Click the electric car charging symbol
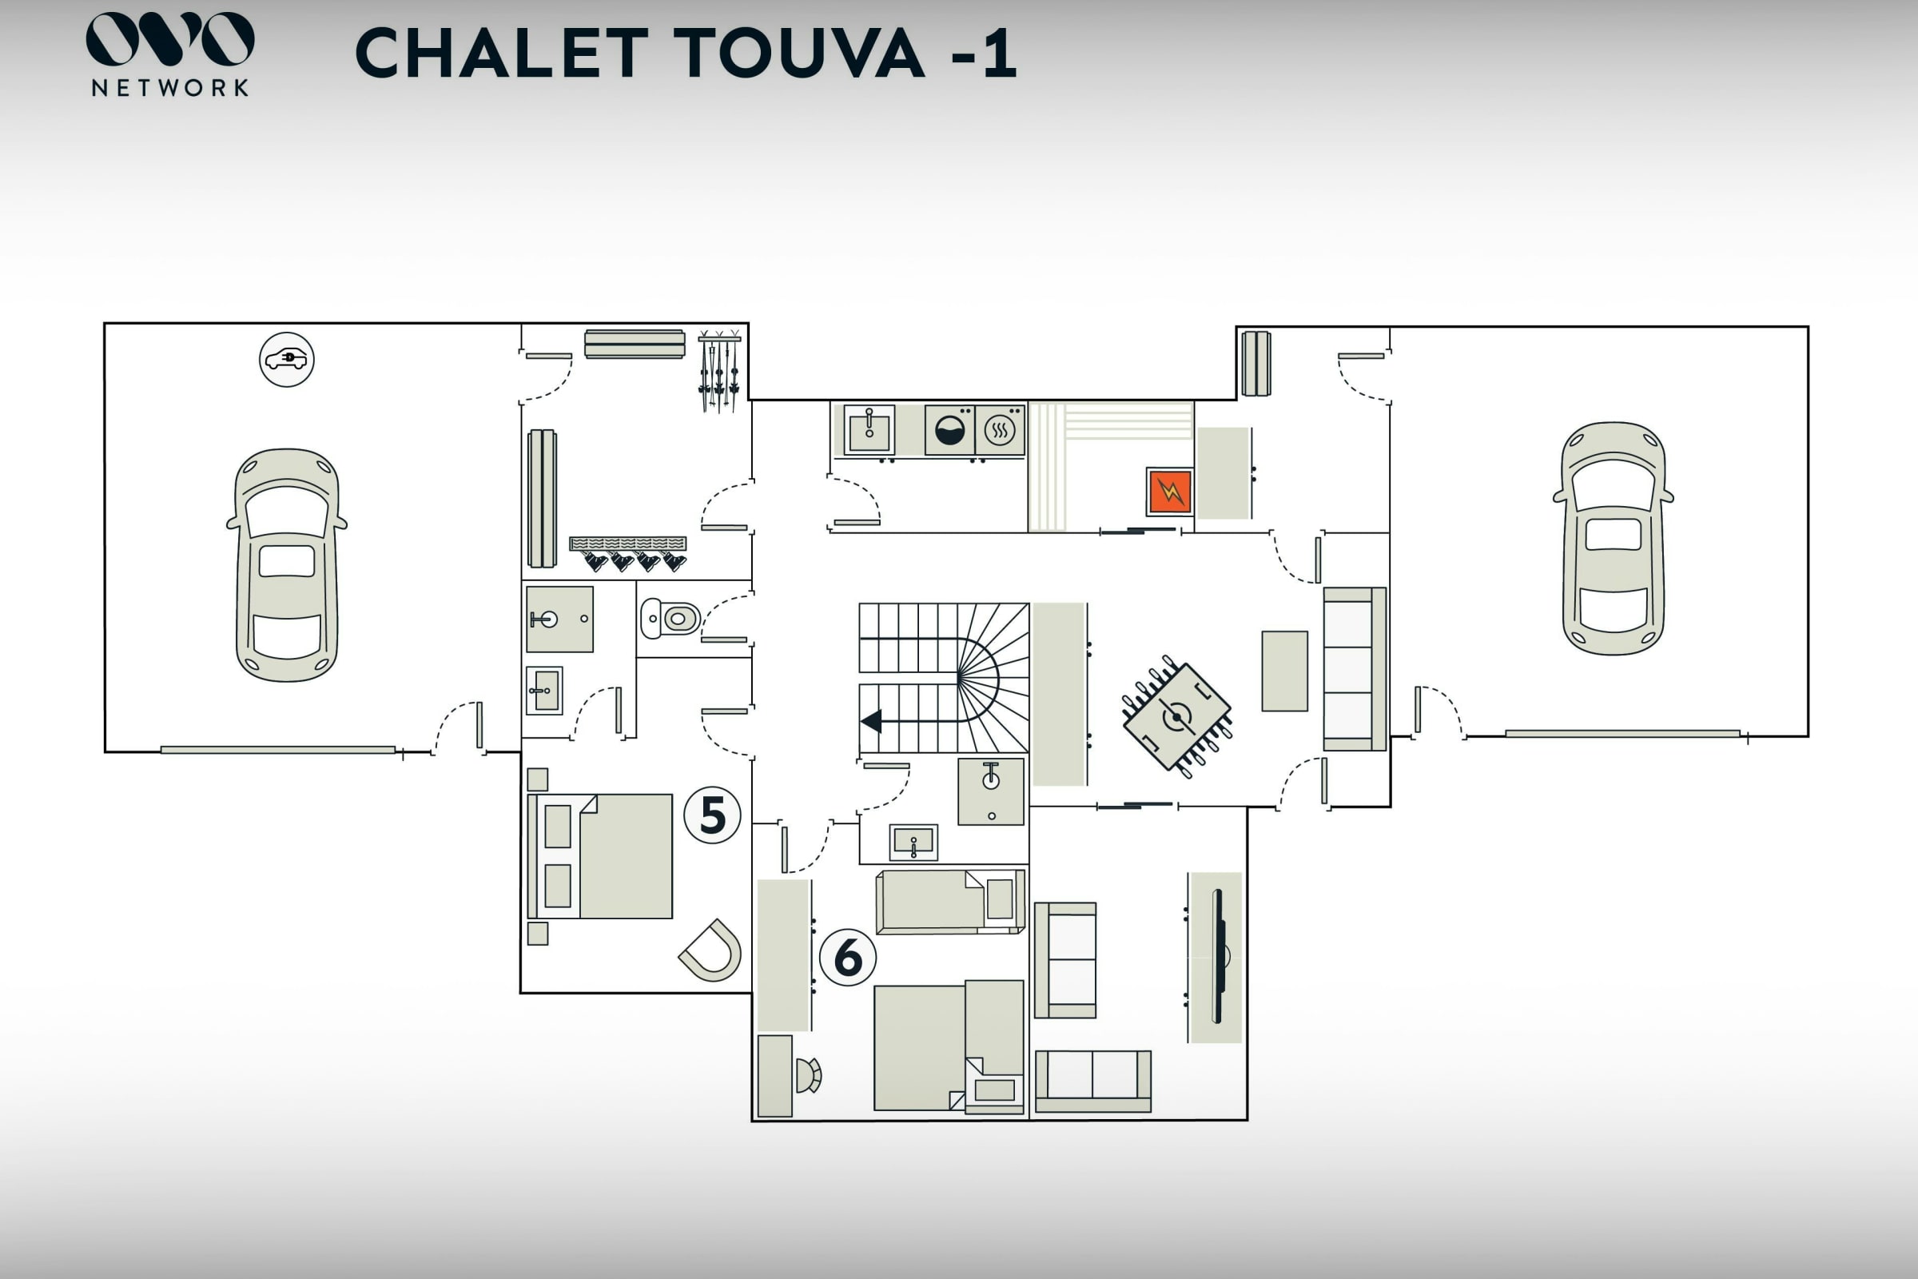coord(286,359)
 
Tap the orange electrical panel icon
coord(1169,492)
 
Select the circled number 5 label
coord(712,815)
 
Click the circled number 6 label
coord(847,957)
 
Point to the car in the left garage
coord(286,564)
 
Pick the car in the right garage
coord(1613,538)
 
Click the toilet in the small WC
coord(671,618)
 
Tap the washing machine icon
coord(949,430)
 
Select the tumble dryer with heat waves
coord(1000,430)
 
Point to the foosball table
coord(1176,717)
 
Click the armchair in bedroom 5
coord(711,950)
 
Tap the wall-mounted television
coord(1217,956)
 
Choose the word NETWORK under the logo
coord(169,88)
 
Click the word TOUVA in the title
coord(799,53)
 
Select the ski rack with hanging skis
coord(719,371)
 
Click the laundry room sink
coord(869,430)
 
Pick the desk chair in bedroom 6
coord(808,1075)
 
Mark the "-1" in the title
coord(985,53)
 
